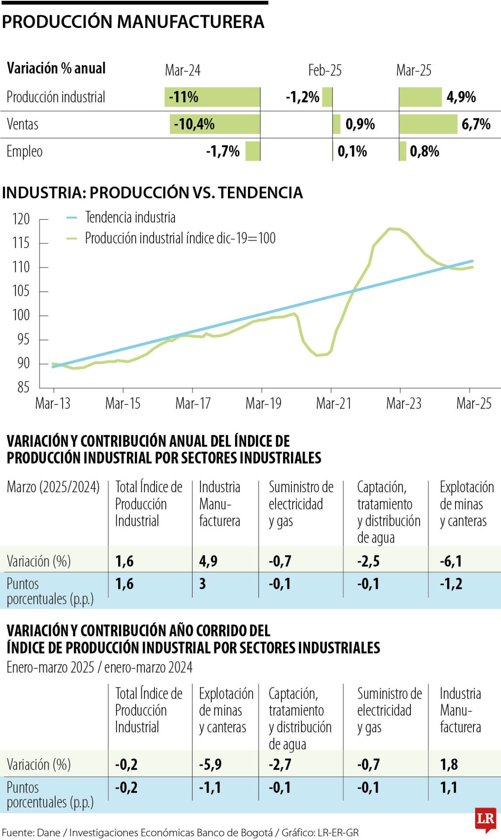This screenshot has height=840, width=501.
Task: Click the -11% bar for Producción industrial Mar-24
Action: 212,97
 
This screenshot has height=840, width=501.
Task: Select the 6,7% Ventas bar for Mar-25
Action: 428,124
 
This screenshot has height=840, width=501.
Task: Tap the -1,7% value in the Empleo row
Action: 223,151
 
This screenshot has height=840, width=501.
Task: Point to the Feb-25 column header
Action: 325,70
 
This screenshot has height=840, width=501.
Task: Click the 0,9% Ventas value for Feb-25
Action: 360,124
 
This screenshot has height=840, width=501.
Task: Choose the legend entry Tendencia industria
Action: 130,217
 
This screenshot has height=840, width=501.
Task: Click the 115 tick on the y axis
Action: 21,243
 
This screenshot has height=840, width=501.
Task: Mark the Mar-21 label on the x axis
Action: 333,403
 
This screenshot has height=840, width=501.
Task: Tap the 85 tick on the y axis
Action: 23,387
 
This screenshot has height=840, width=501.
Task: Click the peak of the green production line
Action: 392,228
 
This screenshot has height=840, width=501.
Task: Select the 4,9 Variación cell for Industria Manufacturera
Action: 208,561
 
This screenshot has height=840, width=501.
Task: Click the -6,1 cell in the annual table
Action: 451,561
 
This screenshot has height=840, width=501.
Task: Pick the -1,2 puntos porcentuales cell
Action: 451,584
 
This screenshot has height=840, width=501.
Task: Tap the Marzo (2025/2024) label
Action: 53,487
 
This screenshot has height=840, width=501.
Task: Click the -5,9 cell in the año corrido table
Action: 210,764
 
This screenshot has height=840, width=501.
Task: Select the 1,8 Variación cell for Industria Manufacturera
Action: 448,764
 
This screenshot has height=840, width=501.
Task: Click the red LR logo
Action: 485,819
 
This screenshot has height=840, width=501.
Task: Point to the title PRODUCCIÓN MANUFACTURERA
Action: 133,22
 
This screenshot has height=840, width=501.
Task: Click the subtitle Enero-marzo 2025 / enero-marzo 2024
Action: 99,667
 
